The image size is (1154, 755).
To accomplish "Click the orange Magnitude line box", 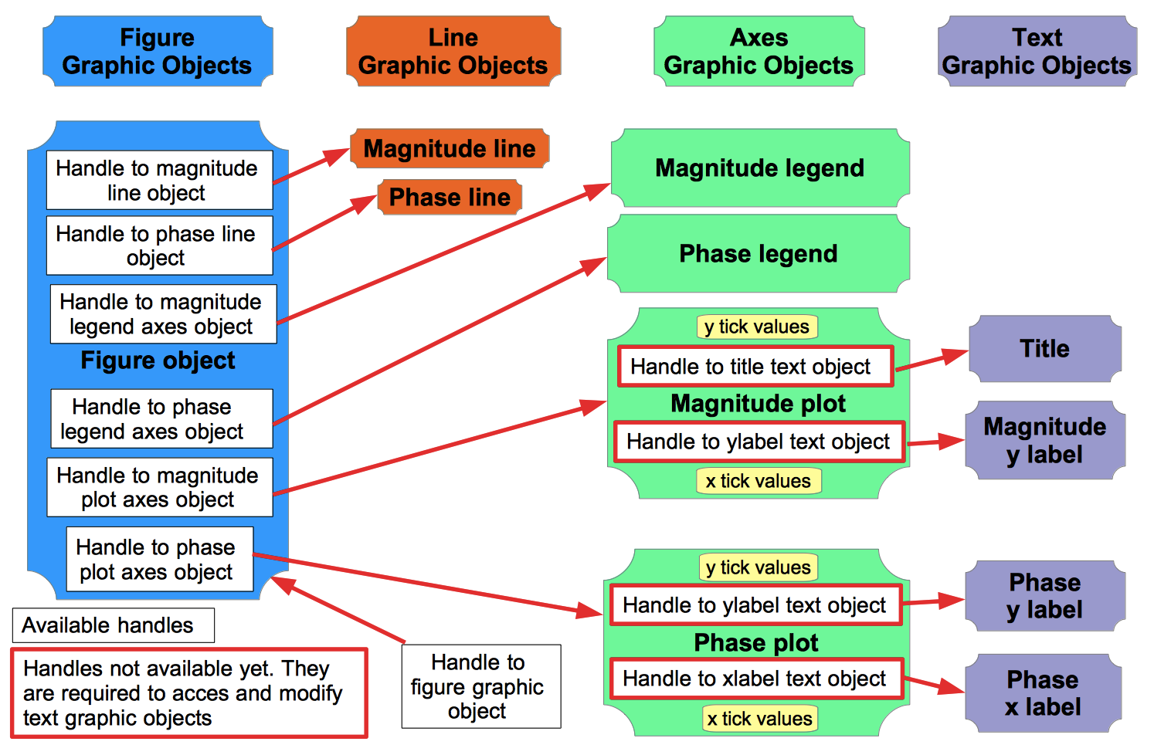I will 450,148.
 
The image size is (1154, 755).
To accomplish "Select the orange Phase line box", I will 450,198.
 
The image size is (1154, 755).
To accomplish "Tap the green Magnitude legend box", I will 759,168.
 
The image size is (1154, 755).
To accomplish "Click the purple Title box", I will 1044,349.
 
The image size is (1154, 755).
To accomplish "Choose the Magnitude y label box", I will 1044,441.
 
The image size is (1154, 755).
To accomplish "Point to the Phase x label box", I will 1043,693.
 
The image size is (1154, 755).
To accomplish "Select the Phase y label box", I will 1044,596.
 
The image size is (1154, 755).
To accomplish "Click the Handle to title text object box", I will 755,367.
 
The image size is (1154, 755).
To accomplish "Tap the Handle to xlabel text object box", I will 755,679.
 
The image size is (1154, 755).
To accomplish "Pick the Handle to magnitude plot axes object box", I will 159,487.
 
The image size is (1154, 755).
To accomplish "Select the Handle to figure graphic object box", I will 480,686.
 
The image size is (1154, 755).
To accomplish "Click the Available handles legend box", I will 113,625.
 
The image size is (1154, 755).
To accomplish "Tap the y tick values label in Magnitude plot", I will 757,327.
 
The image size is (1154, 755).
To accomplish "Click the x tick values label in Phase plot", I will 760,719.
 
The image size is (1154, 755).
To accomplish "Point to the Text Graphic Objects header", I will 1037,51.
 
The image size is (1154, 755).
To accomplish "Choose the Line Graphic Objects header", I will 453,51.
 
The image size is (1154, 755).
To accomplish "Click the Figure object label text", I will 158,361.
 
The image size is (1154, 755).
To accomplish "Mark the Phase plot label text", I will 756,642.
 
